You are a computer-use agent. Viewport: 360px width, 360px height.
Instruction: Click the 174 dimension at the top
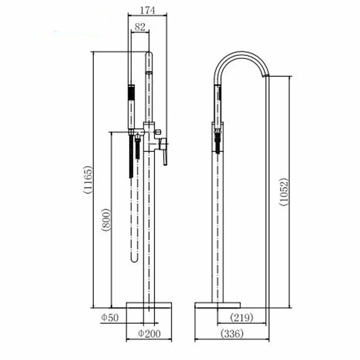pos(147,10)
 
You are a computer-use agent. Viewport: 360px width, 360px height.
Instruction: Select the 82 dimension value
pos(140,27)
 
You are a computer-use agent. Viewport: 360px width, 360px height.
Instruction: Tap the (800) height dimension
pos(106,220)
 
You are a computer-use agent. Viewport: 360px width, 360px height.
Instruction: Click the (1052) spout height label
pos(284,192)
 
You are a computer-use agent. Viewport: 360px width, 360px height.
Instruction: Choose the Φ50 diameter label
pos(110,318)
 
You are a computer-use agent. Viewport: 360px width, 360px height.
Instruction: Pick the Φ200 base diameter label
pos(149,334)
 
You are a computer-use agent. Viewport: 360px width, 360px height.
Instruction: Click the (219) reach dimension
pos(242,318)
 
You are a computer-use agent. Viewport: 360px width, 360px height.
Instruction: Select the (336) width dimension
pos(232,333)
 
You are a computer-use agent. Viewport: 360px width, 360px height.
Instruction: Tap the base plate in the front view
pos(149,305)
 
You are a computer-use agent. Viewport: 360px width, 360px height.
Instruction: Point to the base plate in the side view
pos(217,305)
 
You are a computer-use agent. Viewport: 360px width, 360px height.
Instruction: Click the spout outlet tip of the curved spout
pos(266,76)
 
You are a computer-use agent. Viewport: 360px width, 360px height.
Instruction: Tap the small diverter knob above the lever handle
pos(158,132)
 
